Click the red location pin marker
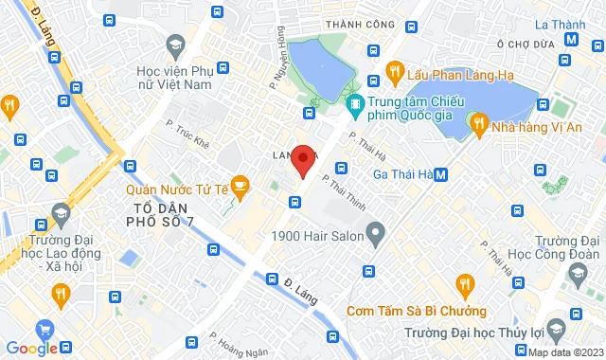(x=302, y=160)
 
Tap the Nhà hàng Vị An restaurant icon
(x=478, y=122)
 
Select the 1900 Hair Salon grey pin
(x=376, y=231)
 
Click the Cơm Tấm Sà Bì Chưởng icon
(x=464, y=283)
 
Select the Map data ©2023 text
(x=565, y=352)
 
